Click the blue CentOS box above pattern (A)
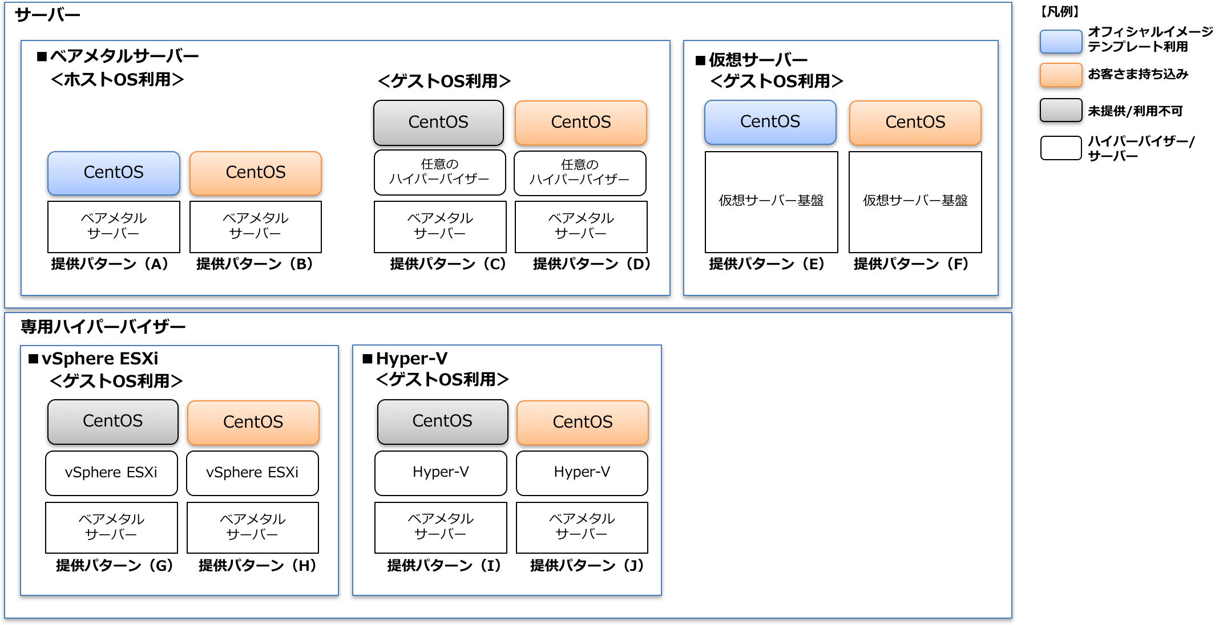pyautogui.click(x=114, y=173)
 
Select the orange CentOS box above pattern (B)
pyautogui.click(x=256, y=173)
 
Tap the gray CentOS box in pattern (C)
pyautogui.click(x=438, y=123)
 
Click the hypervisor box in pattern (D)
pyautogui.click(x=580, y=173)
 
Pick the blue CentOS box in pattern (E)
pyautogui.click(x=770, y=122)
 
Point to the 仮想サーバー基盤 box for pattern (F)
pyautogui.click(x=915, y=201)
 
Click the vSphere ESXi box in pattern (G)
pyautogui.click(x=111, y=473)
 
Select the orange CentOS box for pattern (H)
pyautogui.click(x=253, y=423)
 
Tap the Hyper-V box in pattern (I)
pyautogui.click(x=441, y=473)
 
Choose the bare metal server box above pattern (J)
pyautogui.click(x=582, y=527)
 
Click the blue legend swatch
pyautogui.click(x=1061, y=42)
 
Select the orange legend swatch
pyautogui.click(x=1061, y=75)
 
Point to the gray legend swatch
pyautogui.click(x=1061, y=110)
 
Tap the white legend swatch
pyautogui.click(x=1061, y=148)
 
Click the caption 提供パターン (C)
pyautogui.click(x=447, y=264)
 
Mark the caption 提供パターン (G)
pyautogui.click(x=114, y=565)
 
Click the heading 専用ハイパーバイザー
pyautogui.click(x=103, y=327)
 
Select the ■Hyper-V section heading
pyautogui.click(x=405, y=359)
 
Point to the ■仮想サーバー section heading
pyautogui.click(x=752, y=60)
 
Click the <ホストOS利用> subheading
pyautogui.click(x=117, y=80)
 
